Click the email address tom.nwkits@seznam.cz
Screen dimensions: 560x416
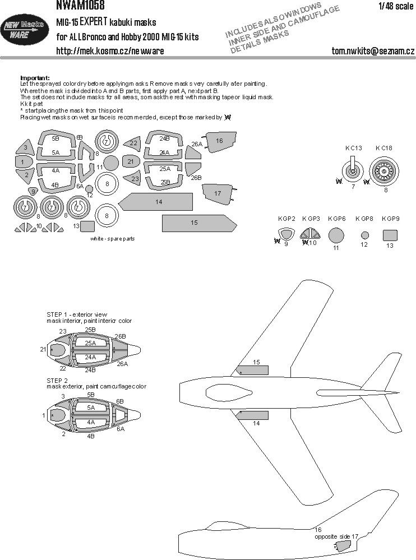[373, 50]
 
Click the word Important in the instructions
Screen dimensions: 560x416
[35, 77]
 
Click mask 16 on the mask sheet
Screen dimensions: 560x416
[219, 142]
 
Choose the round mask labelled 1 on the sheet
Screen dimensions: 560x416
[22, 161]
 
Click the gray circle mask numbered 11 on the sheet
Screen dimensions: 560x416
[112, 163]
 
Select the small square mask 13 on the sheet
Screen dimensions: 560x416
[87, 226]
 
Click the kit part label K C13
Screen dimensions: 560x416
[354, 148]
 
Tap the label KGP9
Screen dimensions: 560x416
[390, 218]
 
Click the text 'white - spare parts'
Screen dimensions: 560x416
[112, 238]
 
